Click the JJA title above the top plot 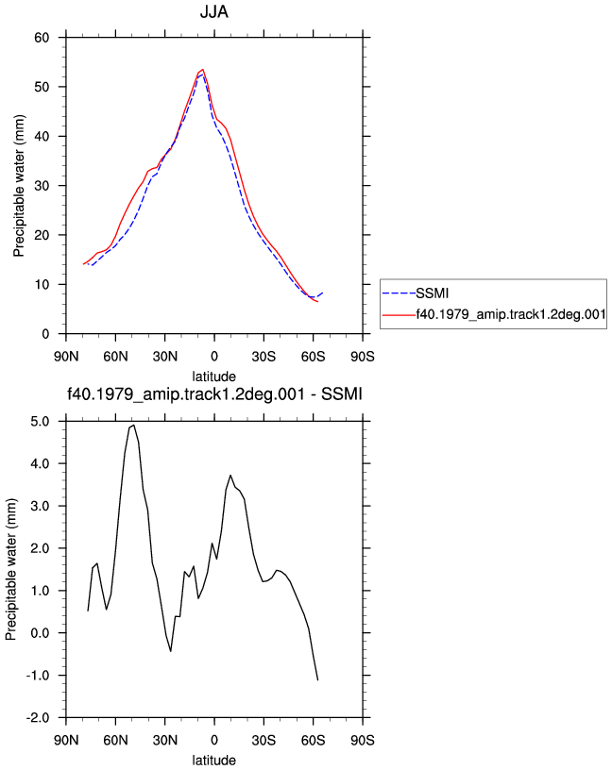[x=213, y=11]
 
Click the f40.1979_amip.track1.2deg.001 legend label [x=511, y=314]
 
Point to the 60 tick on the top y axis [x=42, y=38]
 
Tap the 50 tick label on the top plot [x=42, y=87]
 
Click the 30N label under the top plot [x=164, y=356]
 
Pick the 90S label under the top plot [x=363, y=356]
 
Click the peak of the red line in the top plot [x=202, y=70]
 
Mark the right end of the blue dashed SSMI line [x=322, y=293]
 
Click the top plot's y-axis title [x=19, y=186]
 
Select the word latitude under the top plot [x=213, y=377]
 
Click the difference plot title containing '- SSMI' [x=214, y=393]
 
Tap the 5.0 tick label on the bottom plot [x=40, y=422]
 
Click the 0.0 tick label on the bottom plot [x=40, y=633]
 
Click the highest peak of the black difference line [x=134, y=426]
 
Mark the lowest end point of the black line [x=317, y=679]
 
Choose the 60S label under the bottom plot [x=314, y=740]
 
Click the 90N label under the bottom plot [x=66, y=740]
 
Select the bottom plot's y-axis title [x=10, y=570]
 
